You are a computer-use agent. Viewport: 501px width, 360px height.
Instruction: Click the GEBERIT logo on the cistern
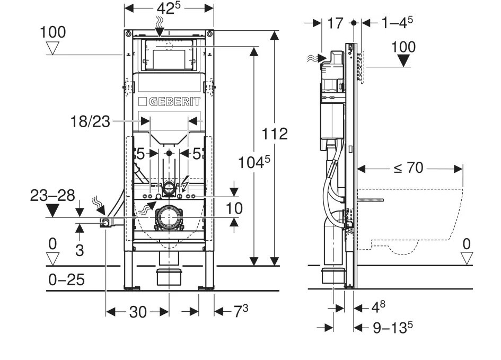[169, 102]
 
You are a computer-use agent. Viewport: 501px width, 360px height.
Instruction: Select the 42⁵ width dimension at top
[169, 9]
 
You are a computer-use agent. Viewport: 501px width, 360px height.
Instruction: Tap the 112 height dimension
[275, 133]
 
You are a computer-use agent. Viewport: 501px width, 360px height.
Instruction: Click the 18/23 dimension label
[90, 121]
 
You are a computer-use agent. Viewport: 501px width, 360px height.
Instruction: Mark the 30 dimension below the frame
[138, 312]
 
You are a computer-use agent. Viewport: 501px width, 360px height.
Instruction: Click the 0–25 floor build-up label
[66, 280]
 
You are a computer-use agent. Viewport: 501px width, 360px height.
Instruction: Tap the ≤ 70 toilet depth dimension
[408, 169]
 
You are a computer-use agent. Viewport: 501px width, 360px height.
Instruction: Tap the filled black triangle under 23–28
[52, 211]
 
